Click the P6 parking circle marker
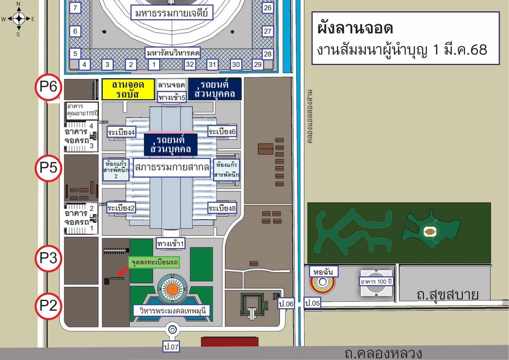[x=49, y=87]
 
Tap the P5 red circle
[x=49, y=168]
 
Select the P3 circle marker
[x=49, y=258]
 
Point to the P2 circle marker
[x=49, y=306]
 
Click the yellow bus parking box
[x=128, y=89]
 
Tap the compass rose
[x=18, y=19]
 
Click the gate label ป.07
[x=171, y=347]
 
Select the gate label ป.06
[x=286, y=304]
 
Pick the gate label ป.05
[x=312, y=303]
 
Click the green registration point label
[x=154, y=262]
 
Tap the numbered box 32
[x=190, y=64]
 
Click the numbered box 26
[x=267, y=8]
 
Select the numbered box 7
[x=75, y=8]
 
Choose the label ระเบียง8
[x=222, y=208]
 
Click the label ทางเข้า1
[x=171, y=244]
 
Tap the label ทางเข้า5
[x=172, y=97]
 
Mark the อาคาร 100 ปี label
[x=376, y=281]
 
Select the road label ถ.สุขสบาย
[x=447, y=295]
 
